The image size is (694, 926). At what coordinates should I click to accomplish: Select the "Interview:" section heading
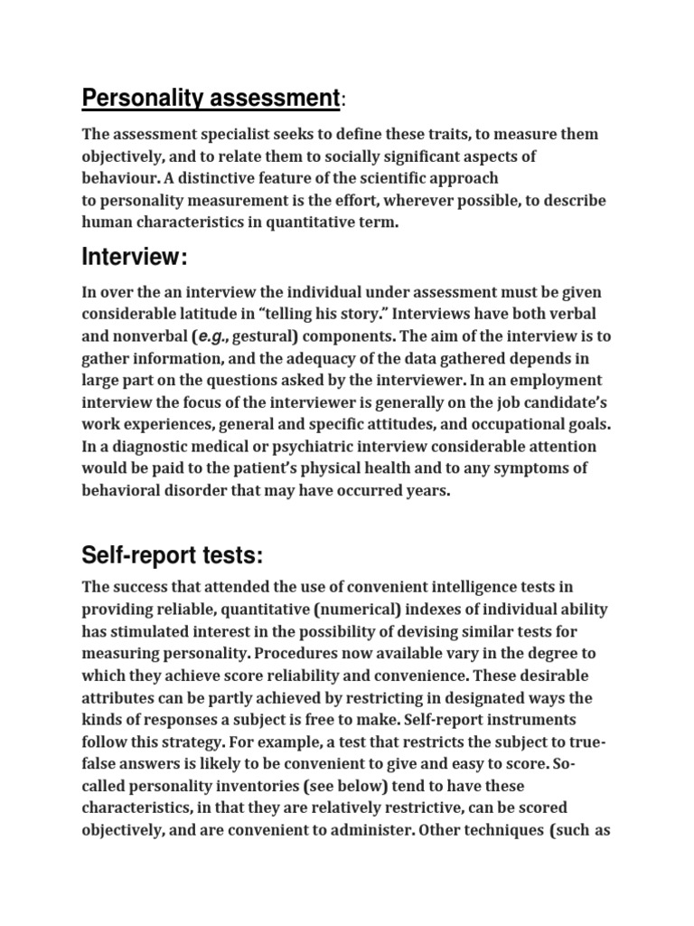pyautogui.click(x=135, y=258)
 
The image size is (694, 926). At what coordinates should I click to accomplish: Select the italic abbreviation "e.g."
pyautogui.click(x=208, y=335)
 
